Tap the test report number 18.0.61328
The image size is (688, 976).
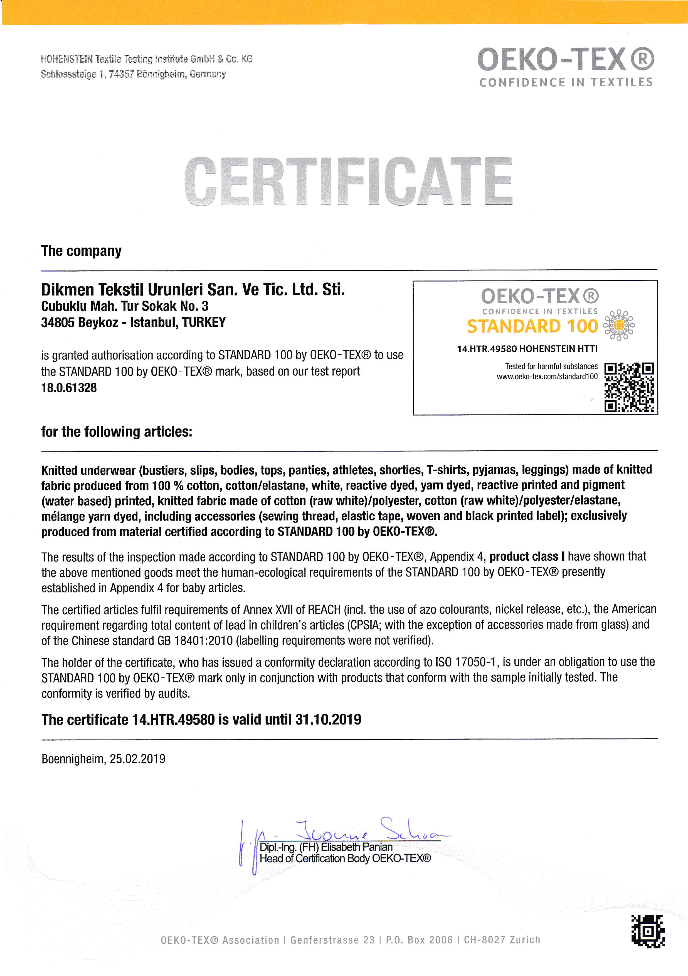pyautogui.click(x=69, y=388)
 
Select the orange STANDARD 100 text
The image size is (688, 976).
pyautogui.click(x=532, y=326)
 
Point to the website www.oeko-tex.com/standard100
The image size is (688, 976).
pyautogui.click(x=547, y=376)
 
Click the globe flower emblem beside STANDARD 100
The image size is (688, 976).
pyautogui.click(x=619, y=325)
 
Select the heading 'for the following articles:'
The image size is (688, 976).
pyautogui.click(x=117, y=432)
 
